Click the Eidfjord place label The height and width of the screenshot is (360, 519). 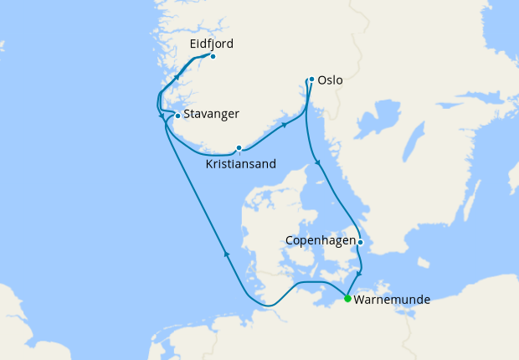click(x=211, y=44)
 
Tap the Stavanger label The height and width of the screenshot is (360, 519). click(x=212, y=114)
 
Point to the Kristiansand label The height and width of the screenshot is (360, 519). click(x=240, y=164)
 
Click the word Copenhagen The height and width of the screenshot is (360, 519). click(x=320, y=240)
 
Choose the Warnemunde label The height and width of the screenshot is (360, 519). click(x=393, y=298)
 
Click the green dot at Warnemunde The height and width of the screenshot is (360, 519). click(x=347, y=297)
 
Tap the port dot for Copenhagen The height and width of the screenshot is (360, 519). click(x=360, y=243)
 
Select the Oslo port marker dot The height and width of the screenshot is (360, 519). click(x=311, y=80)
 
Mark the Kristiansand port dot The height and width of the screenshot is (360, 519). click(x=239, y=148)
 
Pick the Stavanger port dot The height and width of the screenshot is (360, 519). click(x=177, y=116)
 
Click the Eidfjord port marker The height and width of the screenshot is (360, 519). click(x=213, y=56)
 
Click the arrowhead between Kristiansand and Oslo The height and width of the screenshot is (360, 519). click(x=285, y=125)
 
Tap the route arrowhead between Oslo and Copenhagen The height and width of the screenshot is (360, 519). click(x=316, y=162)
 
